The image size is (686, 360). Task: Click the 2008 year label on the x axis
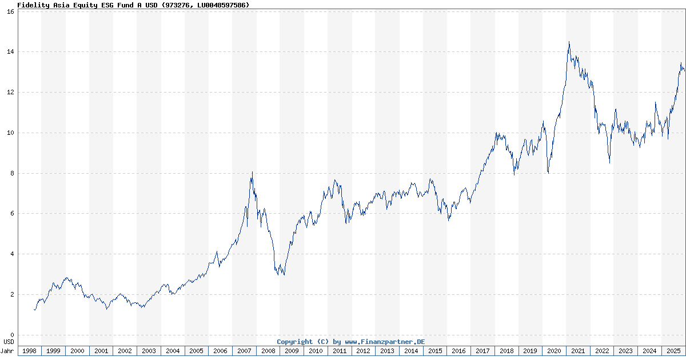click(268, 351)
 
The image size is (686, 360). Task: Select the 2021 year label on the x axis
click(578, 351)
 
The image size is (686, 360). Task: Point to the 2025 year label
click(673, 351)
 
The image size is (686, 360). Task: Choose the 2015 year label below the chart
click(435, 351)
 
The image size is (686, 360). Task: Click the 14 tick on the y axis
click(10, 52)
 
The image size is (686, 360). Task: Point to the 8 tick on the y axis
click(12, 173)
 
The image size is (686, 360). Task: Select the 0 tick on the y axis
click(12, 335)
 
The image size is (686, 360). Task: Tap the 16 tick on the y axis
click(10, 11)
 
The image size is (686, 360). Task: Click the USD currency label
click(9, 342)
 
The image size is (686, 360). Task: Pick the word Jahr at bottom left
click(7, 351)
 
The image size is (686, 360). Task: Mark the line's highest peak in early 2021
click(569, 42)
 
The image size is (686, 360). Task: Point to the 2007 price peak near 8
click(252, 172)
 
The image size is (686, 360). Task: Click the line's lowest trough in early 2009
click(284, 275)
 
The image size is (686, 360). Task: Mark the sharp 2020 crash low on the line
click(548, 173)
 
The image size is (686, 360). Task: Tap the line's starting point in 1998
click(34, 310)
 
